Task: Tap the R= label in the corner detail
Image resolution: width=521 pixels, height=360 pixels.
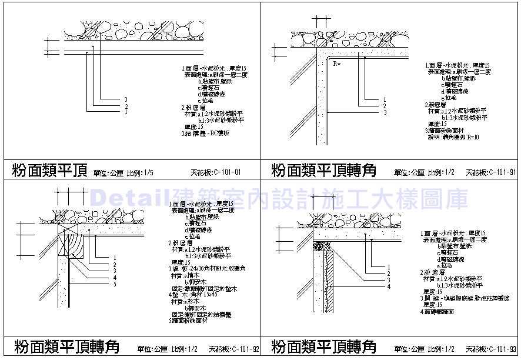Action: (337, 62)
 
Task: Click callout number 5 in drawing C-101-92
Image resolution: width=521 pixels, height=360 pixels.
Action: (115, 284)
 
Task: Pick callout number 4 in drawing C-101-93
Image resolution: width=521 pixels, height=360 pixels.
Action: (389, 286)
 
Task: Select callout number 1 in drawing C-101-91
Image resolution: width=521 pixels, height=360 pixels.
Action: (385, 99)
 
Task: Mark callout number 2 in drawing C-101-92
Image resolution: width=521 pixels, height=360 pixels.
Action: (115, 264)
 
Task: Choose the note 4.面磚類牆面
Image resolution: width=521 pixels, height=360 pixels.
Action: (440, 311)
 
